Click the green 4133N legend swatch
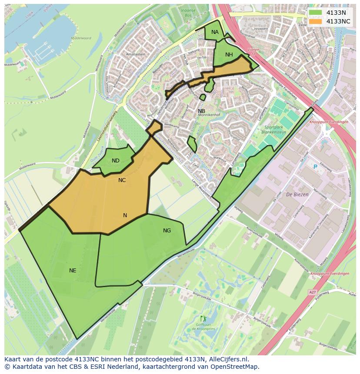[316, 13]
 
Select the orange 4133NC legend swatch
[316, 21]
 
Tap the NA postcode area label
[215, 32]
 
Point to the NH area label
[229, 54]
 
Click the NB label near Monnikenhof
[201, 111]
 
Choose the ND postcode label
[115, 161]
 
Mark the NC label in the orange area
[122, 180]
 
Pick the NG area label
[167, 231]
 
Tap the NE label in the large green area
[73, 271]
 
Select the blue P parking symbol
[315, 167]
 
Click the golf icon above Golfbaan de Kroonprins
[202, 319]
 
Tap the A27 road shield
[312, 292]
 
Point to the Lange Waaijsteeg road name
[200, 188]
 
